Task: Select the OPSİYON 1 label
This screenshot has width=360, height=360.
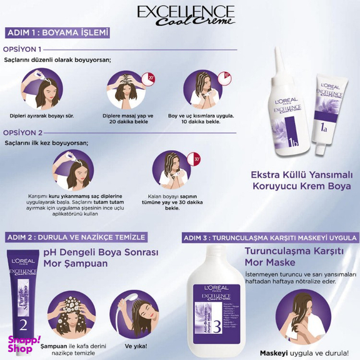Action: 22,49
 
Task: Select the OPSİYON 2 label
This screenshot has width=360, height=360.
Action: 22,132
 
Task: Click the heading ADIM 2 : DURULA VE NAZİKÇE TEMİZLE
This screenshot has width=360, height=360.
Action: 76,237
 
